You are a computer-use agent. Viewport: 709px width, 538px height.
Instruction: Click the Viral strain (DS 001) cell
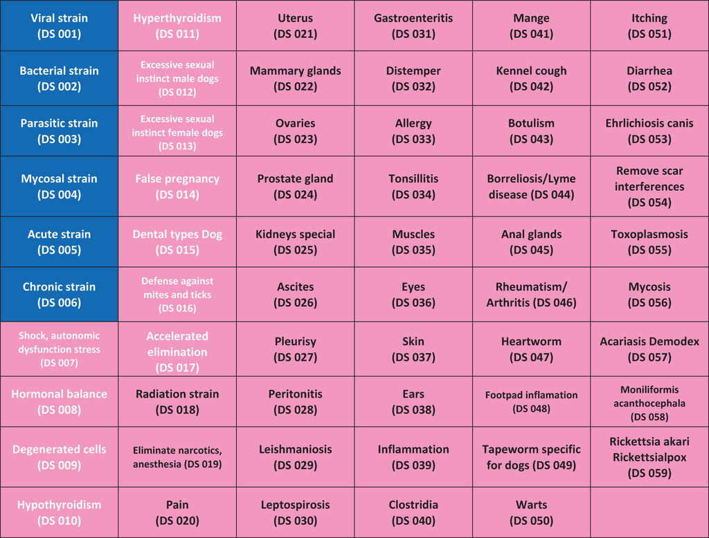click(x=60, y=26)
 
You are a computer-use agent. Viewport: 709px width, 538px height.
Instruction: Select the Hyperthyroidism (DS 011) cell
click(x=177, y=26)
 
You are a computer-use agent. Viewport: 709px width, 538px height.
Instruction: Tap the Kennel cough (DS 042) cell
click(x=531, y=78)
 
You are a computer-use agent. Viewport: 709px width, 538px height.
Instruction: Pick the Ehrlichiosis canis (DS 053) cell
click(x=649, y=131)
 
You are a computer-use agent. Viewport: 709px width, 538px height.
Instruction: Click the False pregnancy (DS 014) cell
click(x=177, y=187)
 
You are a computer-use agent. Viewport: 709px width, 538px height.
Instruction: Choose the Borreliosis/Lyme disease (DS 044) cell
click(x=531, y=187)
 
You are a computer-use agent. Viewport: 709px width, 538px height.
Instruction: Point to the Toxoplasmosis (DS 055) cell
click(x=649, y=241)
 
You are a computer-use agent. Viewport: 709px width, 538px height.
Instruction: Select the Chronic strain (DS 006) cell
click(x=60, y=295)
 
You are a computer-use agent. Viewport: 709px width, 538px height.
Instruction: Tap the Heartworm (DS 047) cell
click(x=531, y=349)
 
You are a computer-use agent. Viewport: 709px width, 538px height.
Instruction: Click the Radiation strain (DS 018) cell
click(x=177, y=402)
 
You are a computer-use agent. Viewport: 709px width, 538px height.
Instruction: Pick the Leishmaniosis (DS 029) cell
click(x=295, y=457)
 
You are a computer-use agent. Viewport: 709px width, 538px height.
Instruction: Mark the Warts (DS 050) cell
click(x=531, y=512)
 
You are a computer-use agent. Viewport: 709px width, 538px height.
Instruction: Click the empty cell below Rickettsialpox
click(x=649, y=512)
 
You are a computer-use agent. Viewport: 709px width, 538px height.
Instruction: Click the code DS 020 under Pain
click(x=177, y=521)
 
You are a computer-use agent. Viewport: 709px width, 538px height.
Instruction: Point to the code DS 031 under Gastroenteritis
click(x=413, y=34)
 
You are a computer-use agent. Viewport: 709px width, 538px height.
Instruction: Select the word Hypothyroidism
click(x=60, y=505)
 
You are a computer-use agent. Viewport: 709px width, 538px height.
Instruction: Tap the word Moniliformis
click(x=649, y=389)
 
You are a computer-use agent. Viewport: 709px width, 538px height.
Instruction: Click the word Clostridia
click(x=413, y=505)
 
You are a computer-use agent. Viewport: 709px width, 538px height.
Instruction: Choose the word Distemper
click(x=413, y=71)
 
